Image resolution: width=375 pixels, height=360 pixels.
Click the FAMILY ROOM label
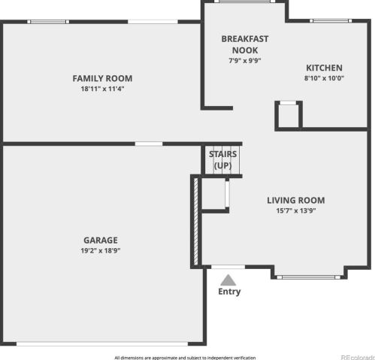[102, 78]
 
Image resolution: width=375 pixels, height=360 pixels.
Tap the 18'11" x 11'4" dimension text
[102, 89]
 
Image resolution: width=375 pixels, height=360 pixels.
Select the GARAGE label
[101, 241]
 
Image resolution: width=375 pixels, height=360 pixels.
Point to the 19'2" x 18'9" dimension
[101, 250]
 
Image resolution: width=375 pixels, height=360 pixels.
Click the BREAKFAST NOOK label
[245, 44]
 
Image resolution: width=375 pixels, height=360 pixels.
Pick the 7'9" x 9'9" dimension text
[245, 61]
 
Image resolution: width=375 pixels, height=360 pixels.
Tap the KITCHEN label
[324, 68]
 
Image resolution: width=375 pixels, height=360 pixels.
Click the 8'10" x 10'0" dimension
[324, 78]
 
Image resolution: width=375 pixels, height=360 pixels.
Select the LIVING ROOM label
[296, 201]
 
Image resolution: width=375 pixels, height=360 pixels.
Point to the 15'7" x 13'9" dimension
[296, 210]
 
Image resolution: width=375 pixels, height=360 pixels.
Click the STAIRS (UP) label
[223, 160]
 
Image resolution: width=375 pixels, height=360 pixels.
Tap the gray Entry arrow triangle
[228, 280]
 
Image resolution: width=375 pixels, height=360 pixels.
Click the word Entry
[229, 292]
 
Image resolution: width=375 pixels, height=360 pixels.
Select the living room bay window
[309, 277]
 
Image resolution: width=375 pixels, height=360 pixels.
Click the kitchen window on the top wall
[331, 21]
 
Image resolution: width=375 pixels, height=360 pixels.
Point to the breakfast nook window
[244, 2]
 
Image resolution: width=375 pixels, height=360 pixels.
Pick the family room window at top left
[48, 22]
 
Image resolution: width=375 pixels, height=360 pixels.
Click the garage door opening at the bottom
[102, 343]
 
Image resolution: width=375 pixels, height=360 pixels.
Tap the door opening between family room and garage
[149, 144]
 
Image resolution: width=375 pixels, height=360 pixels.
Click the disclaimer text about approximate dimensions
[185, 358]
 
